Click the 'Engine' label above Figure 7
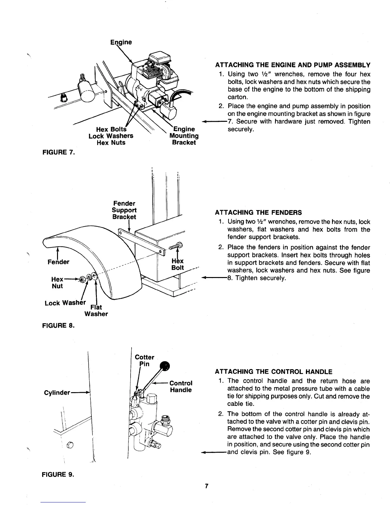pyautogui.click(x=121, y=42)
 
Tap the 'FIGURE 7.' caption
pyautogui.click(x=58, y=153)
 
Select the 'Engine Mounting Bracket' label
pyautogui.click(x=184, y=136)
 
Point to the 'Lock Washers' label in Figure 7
pyautogui.click(x=111, y=136)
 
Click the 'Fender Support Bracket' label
pyautogui.click(x=124, y=210)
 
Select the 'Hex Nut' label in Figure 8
pyautogui.click(x=57, y=282)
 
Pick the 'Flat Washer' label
pyautogui.click(x=96, y=311)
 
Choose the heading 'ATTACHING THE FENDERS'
pyautogui.click(x=258, y=213)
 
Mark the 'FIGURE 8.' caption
pyautogui.click(x=58, y=326)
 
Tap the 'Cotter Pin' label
pyautogui.click(x=144, y=361)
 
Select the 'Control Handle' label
pyautogui.click(x=181, y=386)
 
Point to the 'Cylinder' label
pyautogui.click(x=57, y=393)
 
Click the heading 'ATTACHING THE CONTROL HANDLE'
pyautogui.click(x=274, y=372)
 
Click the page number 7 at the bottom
pyautogui.click(x=206, y=486)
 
